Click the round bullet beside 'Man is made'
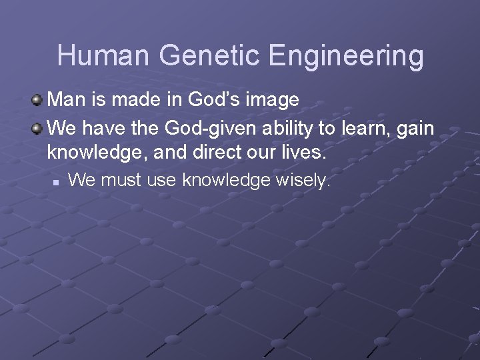(39, 100)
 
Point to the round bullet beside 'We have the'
(39, 127)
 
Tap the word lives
(304, 153)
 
